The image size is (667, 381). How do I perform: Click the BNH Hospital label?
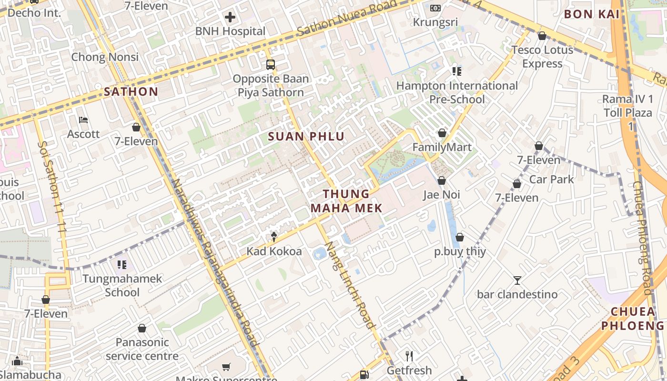(230, 31)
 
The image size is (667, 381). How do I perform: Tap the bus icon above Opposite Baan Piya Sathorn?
(270, 64)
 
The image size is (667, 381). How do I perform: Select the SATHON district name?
(131, 92)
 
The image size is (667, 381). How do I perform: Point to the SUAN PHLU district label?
(306, 137)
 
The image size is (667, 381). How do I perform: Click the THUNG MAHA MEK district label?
(346, 201)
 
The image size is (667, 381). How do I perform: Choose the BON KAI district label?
(592, 14)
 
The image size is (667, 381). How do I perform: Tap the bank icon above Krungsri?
(435, 8)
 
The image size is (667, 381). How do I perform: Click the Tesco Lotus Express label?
(542, 57)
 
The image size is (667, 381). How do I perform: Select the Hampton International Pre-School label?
(457, 92)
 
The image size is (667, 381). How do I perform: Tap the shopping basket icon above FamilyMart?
(442, 133)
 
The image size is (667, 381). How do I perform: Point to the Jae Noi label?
(441, 195)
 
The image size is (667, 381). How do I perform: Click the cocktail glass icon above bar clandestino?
(517, 280)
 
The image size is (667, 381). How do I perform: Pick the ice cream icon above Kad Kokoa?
(274, 237)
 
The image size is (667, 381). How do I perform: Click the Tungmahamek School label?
(122, 285)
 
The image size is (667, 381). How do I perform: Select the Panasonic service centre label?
(142, 349)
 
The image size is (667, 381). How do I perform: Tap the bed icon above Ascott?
(83, 120)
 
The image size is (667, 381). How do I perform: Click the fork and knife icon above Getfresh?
(409, 356)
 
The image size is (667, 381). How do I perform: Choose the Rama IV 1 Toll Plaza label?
(627, 112)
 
